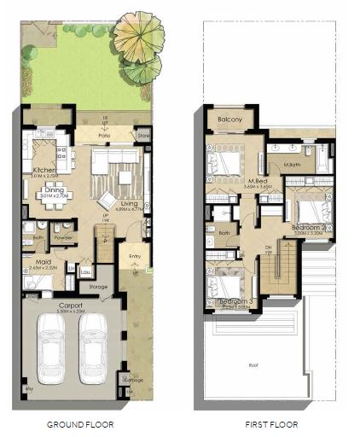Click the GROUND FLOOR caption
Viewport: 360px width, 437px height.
pos(80,424)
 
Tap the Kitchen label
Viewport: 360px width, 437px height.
pos(44,171)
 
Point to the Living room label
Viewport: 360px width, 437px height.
pos(130,204)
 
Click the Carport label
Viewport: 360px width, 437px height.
pos(70,305)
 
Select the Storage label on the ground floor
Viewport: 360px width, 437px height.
pos(99,287)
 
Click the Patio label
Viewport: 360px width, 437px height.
pos(105,134)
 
